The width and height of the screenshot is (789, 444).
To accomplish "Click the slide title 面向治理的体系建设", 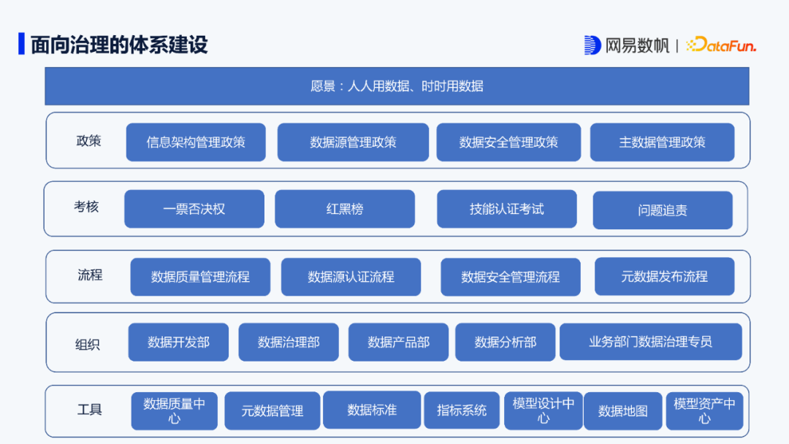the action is tap(119, 45).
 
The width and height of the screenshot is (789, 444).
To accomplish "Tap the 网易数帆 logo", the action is tap(627, 45).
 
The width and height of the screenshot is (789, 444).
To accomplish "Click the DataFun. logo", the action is tap(721, 45).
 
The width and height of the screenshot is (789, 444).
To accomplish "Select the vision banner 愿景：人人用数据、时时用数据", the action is tap(397, 86).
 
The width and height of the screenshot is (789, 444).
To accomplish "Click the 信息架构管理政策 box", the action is tap(196, 142).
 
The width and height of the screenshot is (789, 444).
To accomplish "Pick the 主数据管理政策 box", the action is tap(662, 142).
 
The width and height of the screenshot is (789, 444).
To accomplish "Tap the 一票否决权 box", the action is tap(194, 209).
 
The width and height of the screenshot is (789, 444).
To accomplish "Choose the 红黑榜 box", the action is tap(345, 209).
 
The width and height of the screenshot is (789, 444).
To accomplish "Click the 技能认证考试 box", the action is tap(506, 209).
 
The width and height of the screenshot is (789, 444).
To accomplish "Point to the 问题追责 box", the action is tap(662, 210).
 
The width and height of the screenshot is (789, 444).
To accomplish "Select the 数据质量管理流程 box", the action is tap(200, 277).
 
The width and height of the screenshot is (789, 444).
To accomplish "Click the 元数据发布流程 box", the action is tap(664, 277).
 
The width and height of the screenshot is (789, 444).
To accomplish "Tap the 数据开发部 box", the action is tap(178, 342).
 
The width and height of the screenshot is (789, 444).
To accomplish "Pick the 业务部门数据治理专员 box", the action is tap(650, 342).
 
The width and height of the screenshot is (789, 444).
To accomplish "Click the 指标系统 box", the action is tap(462, 410).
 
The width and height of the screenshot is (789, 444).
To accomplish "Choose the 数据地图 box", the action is tap(622, 411).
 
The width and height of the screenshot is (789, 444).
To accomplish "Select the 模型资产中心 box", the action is tap(704, 410).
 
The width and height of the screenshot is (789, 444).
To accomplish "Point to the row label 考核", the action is tap(86, 207).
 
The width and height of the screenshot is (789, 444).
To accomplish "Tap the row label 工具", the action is tap(90, 410).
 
